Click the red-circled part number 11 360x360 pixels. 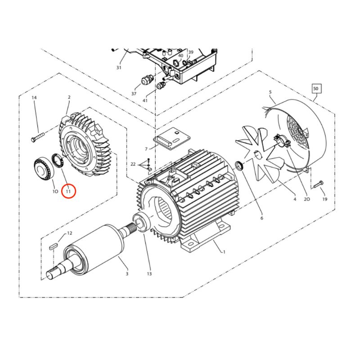tap(68, 191)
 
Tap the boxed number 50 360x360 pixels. tap(316, 89)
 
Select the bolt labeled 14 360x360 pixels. tap(37, 136)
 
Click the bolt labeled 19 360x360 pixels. tap(318, 184)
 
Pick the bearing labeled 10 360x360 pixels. tap(44, 167)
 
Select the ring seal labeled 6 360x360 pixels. tap(239, 166)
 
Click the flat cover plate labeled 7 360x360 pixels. tap(172, 138)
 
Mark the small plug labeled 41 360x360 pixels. tap(161, 85)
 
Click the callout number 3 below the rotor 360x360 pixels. tap(127, 274)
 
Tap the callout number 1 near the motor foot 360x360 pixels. tap(224, 252)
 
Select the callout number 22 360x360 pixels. tap(133, 164)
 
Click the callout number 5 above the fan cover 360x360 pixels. tap(270, 92)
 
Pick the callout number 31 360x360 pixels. tap(119, 67)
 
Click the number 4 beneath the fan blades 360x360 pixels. tap(295, 199)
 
